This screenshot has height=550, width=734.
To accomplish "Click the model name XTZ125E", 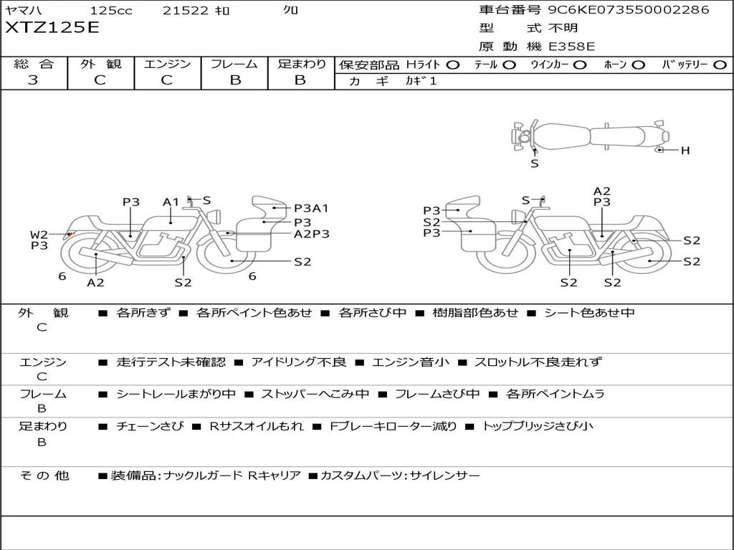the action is [52, 28].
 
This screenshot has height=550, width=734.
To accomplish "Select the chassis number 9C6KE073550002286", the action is [629, 9].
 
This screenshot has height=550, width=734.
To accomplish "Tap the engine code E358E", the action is [571, 47].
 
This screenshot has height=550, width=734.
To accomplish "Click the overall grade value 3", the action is [33, 80].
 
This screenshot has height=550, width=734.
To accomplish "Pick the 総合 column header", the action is [34, 64].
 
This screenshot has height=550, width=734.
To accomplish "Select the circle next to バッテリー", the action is [720, 65].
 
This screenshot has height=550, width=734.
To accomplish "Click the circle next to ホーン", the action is [639, 65].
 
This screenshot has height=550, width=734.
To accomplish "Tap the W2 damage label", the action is [39, 235].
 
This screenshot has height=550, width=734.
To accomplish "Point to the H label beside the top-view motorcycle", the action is [685, 150].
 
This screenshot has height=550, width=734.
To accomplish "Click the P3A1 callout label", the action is [311, 208].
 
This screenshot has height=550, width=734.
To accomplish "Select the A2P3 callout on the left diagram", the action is [312, 234].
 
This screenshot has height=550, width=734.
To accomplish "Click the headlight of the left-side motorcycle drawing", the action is [216, 217].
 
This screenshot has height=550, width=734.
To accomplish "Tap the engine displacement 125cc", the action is [111, 10].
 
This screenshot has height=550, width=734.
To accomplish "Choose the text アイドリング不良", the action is [299, 362].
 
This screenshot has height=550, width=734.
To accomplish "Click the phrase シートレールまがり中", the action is [176, 394].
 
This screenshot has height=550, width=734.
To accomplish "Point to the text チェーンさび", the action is [150, 426].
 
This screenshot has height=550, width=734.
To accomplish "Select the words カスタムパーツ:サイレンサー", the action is [400, 476].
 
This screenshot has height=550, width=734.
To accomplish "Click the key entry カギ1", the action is [421, 81].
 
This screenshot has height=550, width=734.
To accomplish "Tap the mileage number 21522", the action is [186, 10].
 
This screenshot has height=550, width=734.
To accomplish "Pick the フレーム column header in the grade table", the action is [234, 64].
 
